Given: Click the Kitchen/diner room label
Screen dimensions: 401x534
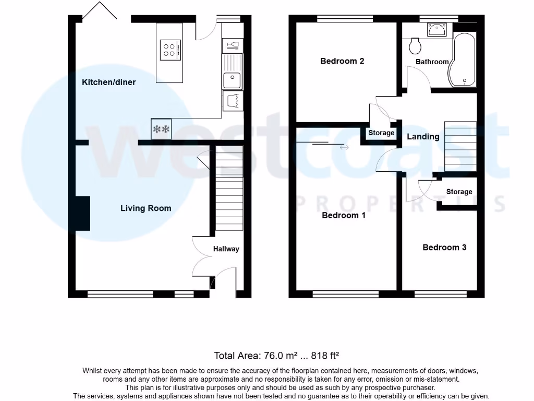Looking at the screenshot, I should coord(108,82).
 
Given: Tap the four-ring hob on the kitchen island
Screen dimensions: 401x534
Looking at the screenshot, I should coord(169,50).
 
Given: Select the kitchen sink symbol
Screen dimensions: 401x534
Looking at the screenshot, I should coord(232,80).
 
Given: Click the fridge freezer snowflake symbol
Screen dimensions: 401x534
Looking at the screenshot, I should coord(161,129).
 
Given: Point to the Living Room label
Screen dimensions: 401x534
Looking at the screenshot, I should coord(145,208).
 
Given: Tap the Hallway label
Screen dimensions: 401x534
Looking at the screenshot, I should coord(226,249).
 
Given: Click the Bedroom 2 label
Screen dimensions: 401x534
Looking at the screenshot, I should coord(342,61).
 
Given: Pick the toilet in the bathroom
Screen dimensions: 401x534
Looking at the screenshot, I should coord(416,46).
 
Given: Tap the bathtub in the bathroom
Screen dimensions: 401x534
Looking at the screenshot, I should coord(464,60).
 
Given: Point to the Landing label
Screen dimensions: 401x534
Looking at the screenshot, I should coord(423,137).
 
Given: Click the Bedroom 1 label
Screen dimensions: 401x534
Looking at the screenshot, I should coord(344,215).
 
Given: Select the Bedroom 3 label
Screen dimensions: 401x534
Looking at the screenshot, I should coord(444,247).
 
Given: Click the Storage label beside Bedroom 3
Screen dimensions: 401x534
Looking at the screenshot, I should coord(459,192).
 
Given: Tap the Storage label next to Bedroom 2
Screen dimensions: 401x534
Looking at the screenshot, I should coord(381,133).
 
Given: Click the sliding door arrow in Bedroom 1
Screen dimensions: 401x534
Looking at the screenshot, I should coord(344,148).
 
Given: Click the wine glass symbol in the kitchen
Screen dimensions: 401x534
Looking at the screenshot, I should coord(232,45).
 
